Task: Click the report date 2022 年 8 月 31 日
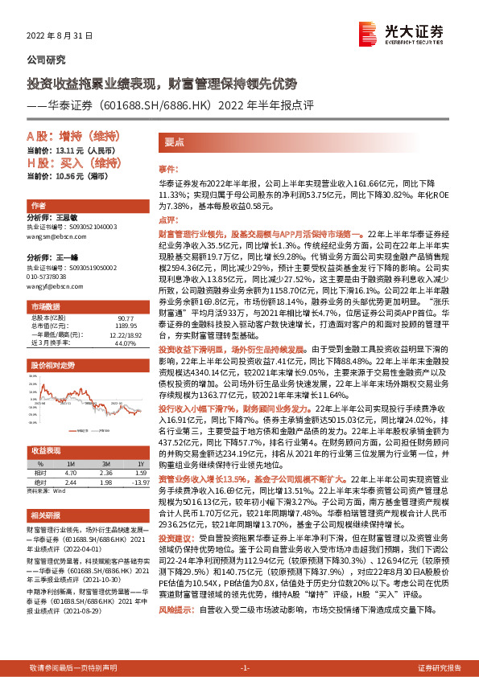[x=60, y=36]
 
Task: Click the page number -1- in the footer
[x=246, y=668]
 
